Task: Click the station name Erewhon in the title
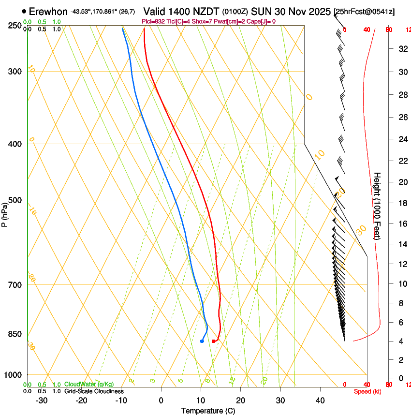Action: pos(48,11)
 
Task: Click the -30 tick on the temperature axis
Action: pos(42,400)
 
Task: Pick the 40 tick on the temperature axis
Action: pos(320,400)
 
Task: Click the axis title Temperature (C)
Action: pos(208,411)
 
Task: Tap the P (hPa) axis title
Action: pos(5,213)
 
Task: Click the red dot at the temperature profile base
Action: pos(213,342)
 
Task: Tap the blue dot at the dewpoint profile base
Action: pos(202,342)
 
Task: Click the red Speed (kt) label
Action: pos(367,391)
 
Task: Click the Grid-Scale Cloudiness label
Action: pos(94,391)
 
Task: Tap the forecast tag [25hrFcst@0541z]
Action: pos(364,12)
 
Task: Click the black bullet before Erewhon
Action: pos(24,11)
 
